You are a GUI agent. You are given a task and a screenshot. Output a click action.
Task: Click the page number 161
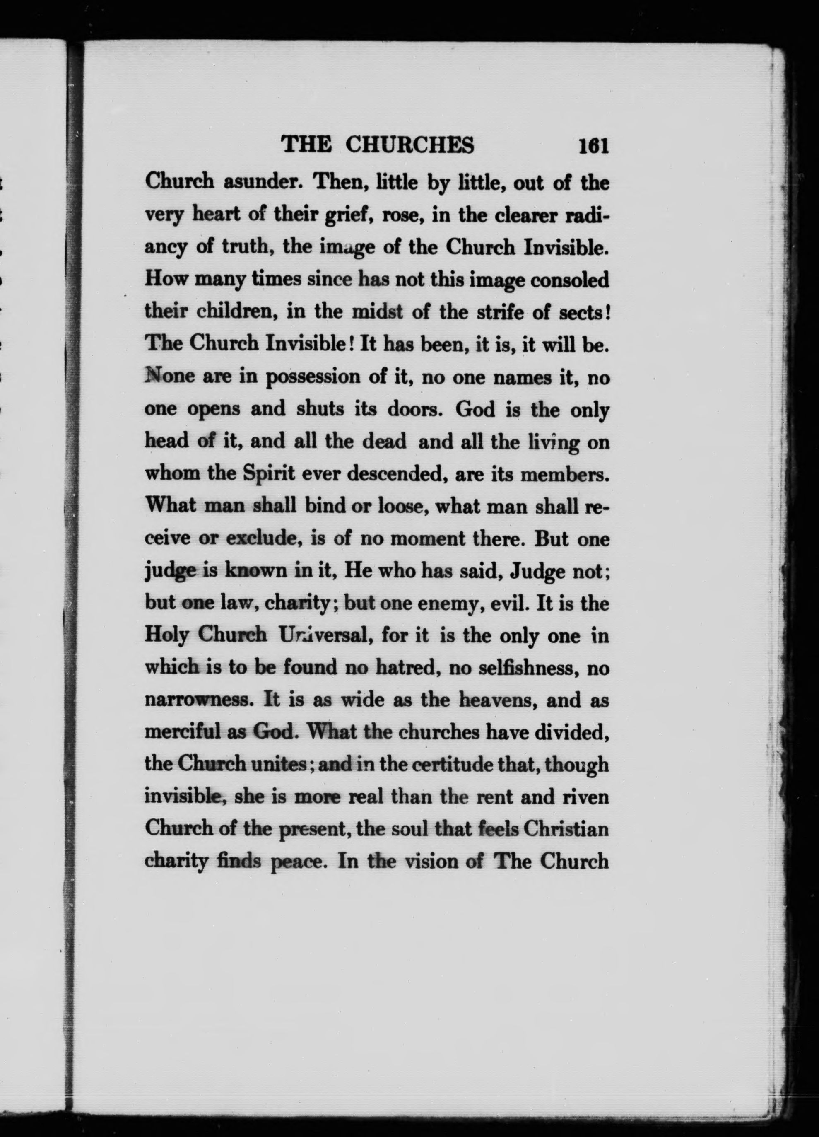tap(593, 146)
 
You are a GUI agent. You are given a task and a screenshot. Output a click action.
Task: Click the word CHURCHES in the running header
tap(410, 145)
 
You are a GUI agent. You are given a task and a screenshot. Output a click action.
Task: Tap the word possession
tap(313, 377)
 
